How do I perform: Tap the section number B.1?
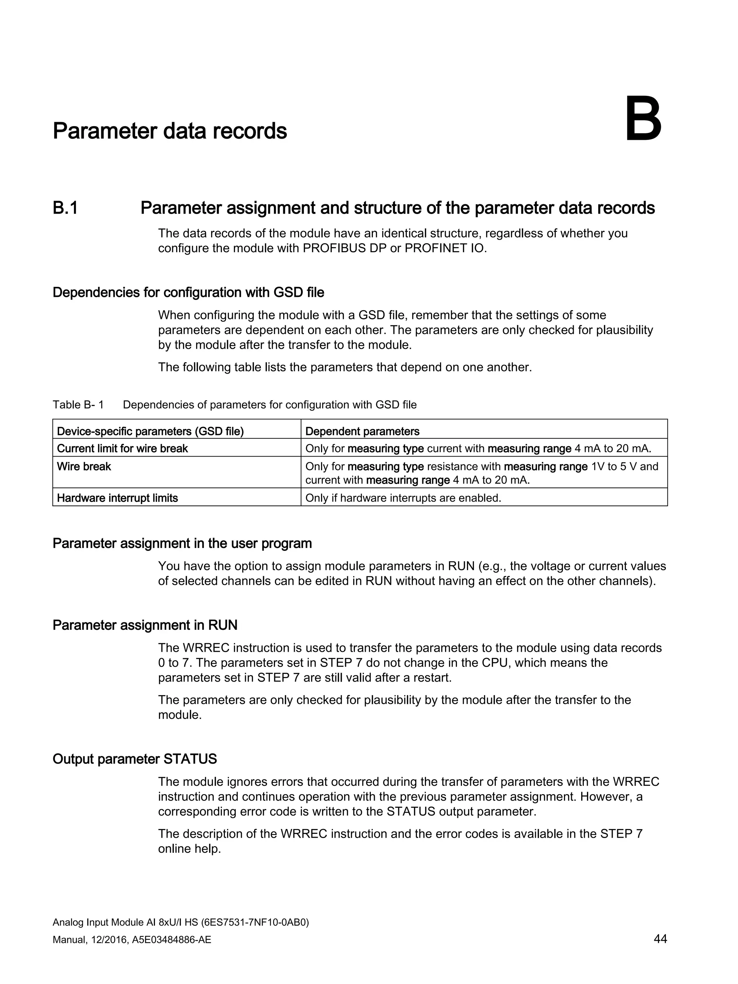(65, 208)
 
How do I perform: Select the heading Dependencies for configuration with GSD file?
(188, 292)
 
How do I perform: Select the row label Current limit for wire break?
(122, 449)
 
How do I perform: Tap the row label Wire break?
(84, 466)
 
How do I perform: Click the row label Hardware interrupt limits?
(117, 498)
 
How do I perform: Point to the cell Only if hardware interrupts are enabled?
(403, 498)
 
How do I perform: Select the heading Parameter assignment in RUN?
(145, 625)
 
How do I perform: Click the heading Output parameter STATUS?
(134, 758)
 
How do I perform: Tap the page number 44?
(660, 939)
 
